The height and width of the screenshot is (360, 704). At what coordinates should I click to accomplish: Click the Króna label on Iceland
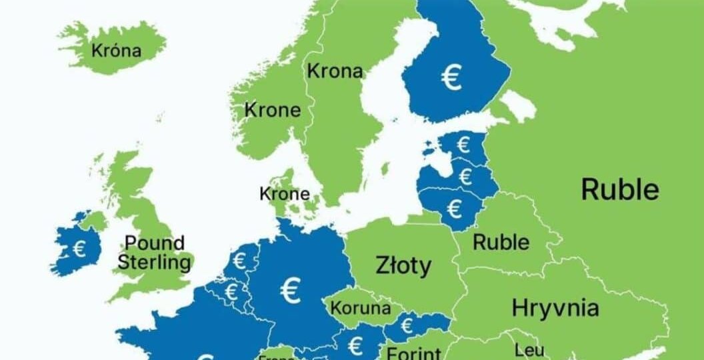117,50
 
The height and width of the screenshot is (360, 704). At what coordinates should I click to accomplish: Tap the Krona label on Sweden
335,71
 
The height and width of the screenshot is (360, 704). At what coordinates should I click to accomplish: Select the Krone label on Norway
273,110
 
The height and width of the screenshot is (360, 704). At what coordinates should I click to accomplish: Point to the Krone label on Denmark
285,194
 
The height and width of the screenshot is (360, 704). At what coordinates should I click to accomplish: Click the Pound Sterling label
154,252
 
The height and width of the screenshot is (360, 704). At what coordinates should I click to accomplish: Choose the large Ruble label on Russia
620,189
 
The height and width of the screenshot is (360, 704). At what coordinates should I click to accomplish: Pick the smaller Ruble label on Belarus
501,242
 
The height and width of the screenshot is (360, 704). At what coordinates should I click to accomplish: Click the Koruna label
361,309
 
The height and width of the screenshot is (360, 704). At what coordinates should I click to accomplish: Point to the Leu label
529,349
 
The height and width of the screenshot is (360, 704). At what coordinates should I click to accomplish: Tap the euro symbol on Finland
451,78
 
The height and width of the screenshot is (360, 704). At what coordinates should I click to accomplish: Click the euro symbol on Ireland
79,249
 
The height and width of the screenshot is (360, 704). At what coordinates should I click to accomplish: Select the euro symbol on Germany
291,289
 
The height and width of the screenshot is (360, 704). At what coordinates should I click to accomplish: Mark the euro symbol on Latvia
465,177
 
